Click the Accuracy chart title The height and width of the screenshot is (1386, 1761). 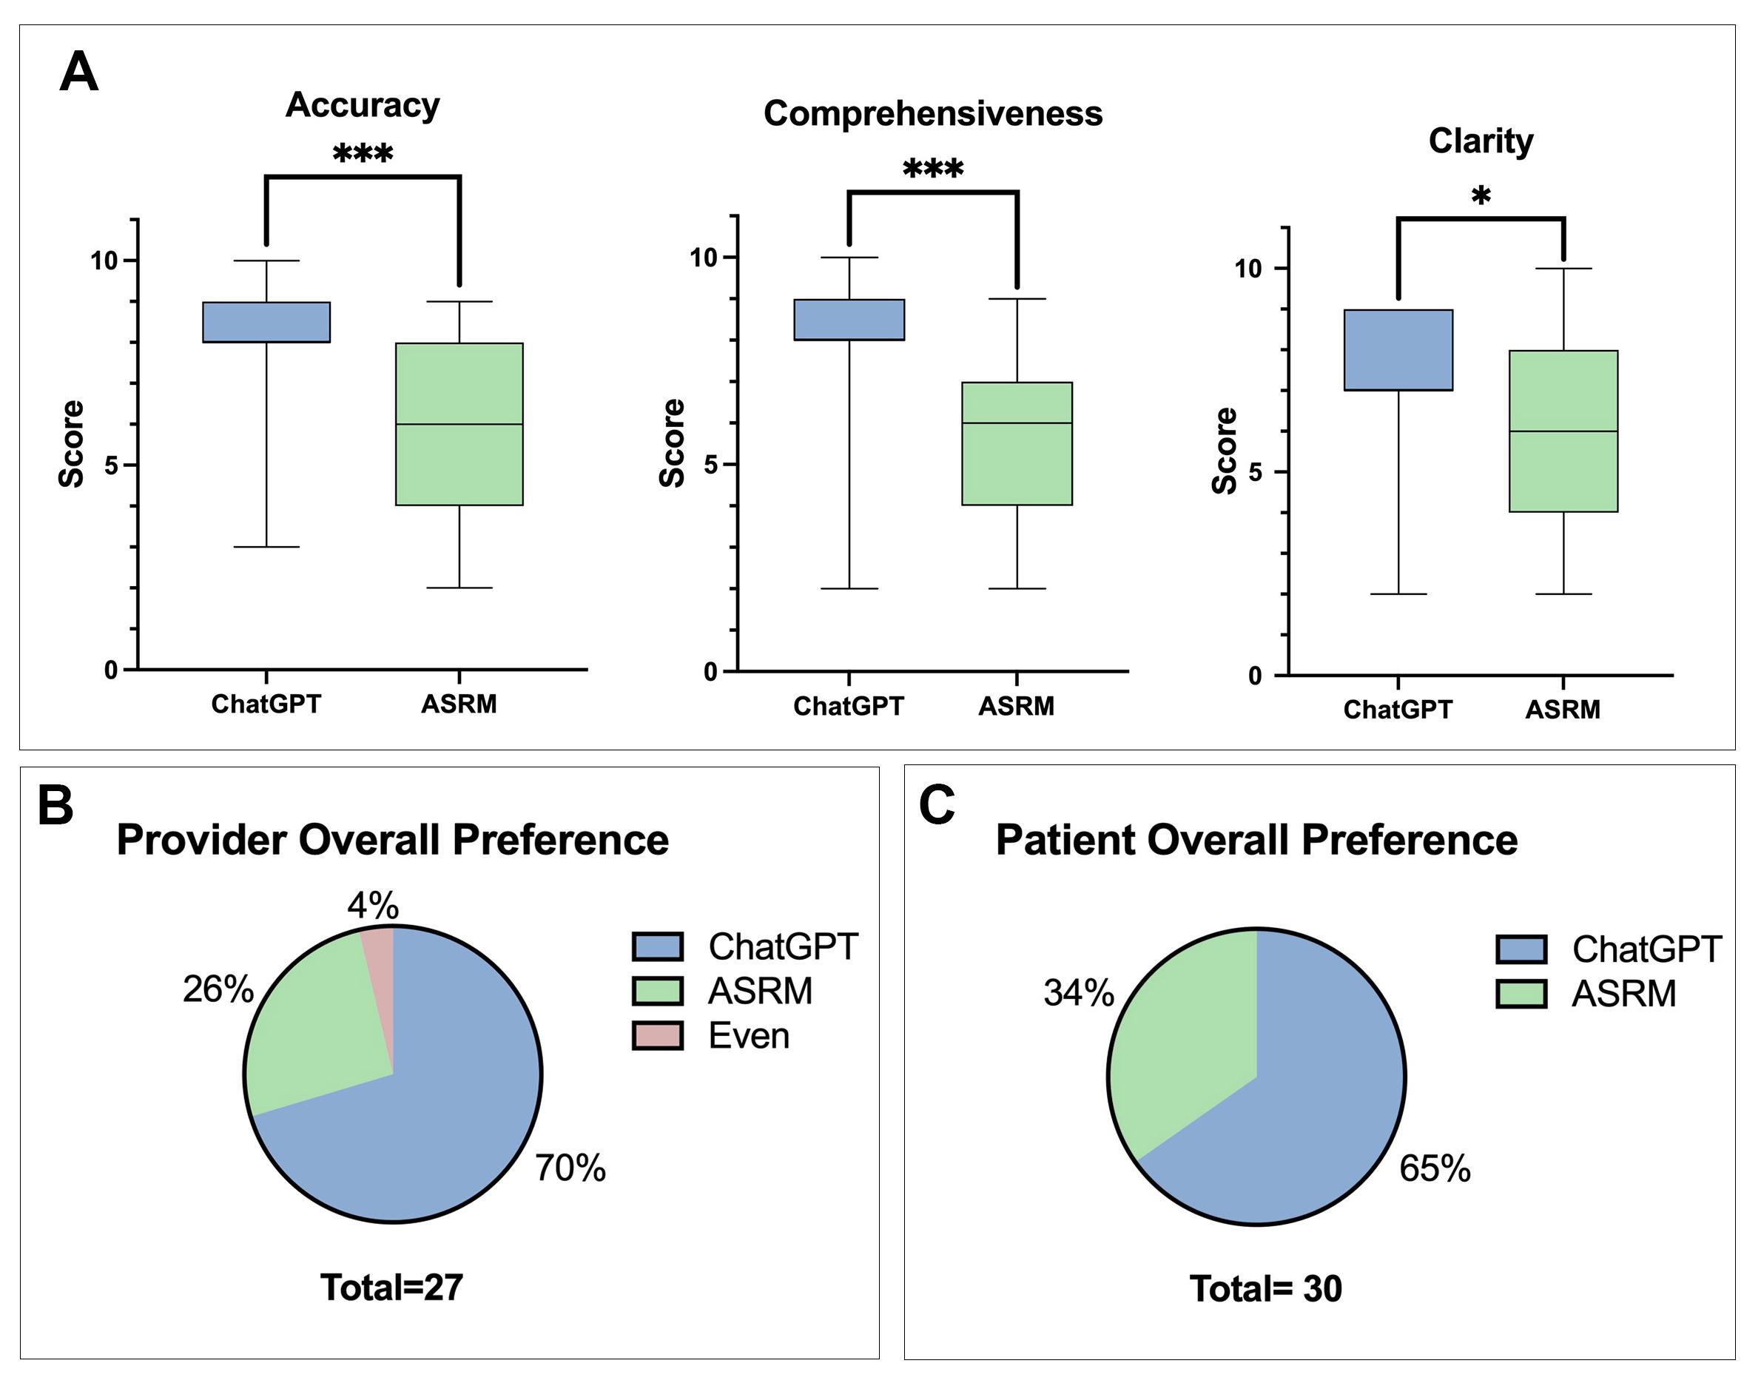[x=363, y=106]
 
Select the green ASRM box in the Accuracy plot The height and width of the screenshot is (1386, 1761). [x=459, y=425]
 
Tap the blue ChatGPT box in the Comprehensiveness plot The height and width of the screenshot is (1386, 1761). [x=849, y=320]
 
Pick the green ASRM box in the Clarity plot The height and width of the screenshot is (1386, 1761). [x=1563, y=431]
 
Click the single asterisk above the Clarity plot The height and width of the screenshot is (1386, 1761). [x=1481, y=197]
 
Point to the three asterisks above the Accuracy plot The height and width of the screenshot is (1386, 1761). [x=363, y=153]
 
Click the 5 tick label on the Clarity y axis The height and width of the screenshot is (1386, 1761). [x=1256, y=472]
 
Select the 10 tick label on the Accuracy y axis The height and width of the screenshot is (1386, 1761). [x=104, y=260]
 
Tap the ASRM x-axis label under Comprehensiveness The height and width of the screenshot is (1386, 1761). [x=1016, y=706]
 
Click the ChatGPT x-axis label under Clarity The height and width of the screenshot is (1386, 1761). [x=1398, y=710]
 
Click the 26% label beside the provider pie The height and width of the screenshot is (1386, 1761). [x=218, y=989]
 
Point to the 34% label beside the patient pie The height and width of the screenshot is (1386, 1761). [x=1080, y=992]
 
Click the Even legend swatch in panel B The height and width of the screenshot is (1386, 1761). [x=657, y=1036]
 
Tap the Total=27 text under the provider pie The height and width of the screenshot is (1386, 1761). [x=392, y=1287]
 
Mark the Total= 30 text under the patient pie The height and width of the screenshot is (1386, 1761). [x=1265, y=1288]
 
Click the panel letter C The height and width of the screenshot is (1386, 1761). [x=937, y=806]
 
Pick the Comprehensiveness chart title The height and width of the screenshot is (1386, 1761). [x=933, y=114]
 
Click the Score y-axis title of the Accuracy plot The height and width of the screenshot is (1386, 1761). [x=72, y=444]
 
